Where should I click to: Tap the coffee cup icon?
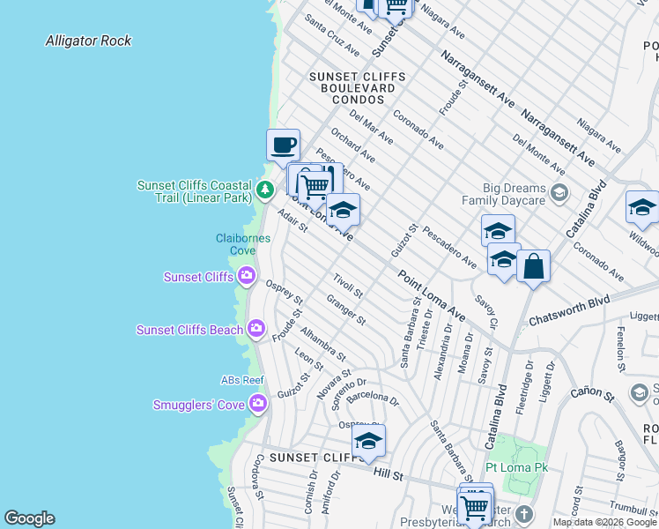(x=283, y=145)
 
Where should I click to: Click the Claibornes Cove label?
(x=235, y=244)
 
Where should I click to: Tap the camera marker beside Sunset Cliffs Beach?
(x=255, y=330)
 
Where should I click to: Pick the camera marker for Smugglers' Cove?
(x=257, y=405)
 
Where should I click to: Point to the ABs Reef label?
(x=242, y=380)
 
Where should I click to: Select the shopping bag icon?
(x=533, y=266)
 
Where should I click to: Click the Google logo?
(x=29, y=518)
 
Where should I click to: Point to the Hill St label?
(x=388, y=475)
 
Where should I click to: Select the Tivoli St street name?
(x=348, y=286)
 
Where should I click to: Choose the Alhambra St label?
(x=322, y=344)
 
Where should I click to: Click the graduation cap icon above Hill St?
(x=368, y=442)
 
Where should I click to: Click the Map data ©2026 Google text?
(x=604, y=522)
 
